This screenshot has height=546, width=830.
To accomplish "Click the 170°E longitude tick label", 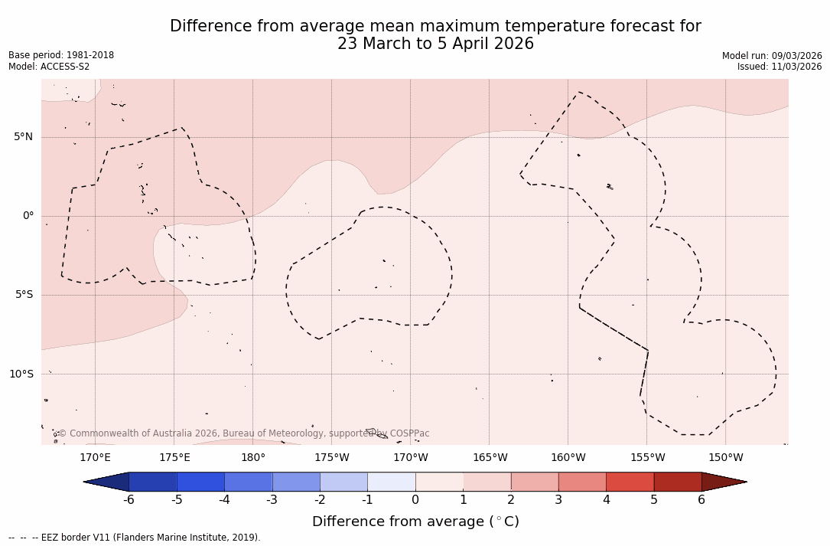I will click(x=95, y=458).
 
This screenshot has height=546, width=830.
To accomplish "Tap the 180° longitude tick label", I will click(x=253, y=458).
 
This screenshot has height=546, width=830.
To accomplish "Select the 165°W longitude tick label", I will click(x=490, y=458).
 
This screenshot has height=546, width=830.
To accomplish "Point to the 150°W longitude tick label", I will click(x=726, y=458).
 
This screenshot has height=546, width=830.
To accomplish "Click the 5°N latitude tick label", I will click(x=23, y=137).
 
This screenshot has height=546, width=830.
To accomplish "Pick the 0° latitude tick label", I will click(x=28, y=216).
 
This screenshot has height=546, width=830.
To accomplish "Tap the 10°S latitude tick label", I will click(x=21, y=374).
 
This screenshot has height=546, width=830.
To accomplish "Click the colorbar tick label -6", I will click(x=129, y=500).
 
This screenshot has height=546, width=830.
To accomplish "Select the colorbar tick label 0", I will click(x=415, y=500).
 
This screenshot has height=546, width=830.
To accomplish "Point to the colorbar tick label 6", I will click(x=701, y=500).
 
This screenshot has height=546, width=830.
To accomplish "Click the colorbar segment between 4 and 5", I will click(x=630, y=482).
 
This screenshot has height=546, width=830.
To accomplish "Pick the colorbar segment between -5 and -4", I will click(x=200, y=482).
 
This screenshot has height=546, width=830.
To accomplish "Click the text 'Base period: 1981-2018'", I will click(x=61, y=55).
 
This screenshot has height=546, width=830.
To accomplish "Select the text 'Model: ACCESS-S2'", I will click(x=49, y=67).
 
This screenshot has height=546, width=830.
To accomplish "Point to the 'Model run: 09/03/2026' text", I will click(x=772, y=56).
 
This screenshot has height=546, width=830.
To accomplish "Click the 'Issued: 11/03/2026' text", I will click(x=780, y=67).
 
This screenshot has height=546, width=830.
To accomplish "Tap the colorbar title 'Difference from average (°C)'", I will click(x=415, y=521).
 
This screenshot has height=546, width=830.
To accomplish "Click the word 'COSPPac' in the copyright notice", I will click(x=409, y=433).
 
